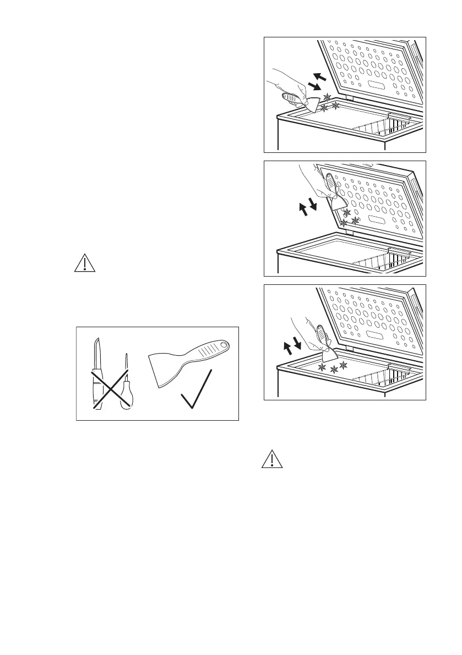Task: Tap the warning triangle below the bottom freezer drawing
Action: (271, 459)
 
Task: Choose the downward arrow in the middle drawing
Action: (313, 205)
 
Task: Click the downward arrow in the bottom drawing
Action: (298, 343)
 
